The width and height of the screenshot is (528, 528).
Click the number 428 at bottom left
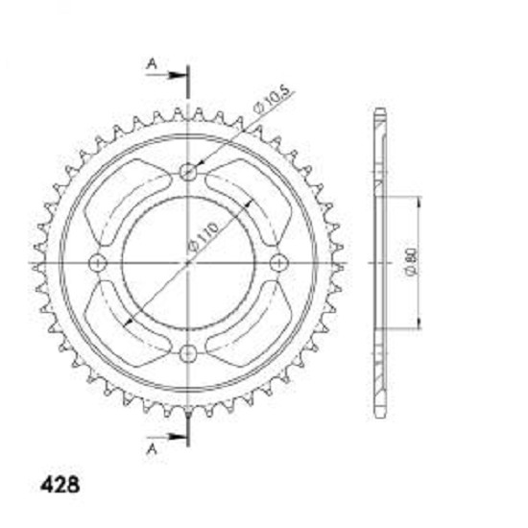[60, 485]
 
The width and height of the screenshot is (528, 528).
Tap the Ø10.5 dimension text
[272, 99]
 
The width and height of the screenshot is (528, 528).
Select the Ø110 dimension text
[203, 237]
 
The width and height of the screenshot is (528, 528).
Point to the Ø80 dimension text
[412, 263]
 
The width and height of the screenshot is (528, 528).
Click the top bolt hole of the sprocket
[188, 173]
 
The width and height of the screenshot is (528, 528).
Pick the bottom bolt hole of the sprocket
[188, 353]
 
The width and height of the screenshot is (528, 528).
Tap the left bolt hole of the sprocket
[98, 263]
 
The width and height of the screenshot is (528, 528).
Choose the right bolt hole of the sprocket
[279, 263]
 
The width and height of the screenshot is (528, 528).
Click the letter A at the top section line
[153, 63]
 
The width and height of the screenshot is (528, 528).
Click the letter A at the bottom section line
[153, 448]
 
